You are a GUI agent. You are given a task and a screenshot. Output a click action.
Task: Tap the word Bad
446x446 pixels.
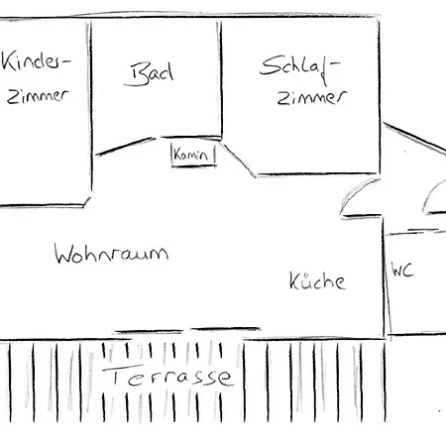(150, 74)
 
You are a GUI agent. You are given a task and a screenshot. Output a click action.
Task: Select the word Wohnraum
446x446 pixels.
(111, 254)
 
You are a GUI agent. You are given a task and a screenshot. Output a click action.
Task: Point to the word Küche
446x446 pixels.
(317, 281)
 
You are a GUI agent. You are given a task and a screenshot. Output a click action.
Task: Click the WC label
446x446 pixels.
(402, 270)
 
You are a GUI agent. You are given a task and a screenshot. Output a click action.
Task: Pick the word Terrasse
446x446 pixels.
(168, 376)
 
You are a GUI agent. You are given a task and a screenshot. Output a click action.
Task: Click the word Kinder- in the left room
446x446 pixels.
(36, 60)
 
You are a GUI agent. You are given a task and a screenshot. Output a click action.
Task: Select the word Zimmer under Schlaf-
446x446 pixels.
(312, 98)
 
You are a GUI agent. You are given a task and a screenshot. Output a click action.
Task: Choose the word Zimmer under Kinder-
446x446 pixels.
(38, 96)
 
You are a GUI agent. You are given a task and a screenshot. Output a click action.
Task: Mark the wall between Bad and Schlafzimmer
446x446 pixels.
(220, 79)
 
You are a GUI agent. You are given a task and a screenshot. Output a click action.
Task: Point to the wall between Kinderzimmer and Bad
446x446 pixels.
(89, 109)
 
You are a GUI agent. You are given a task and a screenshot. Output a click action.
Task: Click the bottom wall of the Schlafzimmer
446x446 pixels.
(318, 173)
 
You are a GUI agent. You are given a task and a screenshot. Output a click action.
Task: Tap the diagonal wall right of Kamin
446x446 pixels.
(240, 161)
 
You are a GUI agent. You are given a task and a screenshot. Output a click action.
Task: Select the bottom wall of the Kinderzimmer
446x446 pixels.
(43, 206)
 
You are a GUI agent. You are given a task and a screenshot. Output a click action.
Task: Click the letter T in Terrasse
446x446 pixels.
(113, 375)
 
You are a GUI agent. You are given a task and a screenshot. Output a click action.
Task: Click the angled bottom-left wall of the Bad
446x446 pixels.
(126, 147)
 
